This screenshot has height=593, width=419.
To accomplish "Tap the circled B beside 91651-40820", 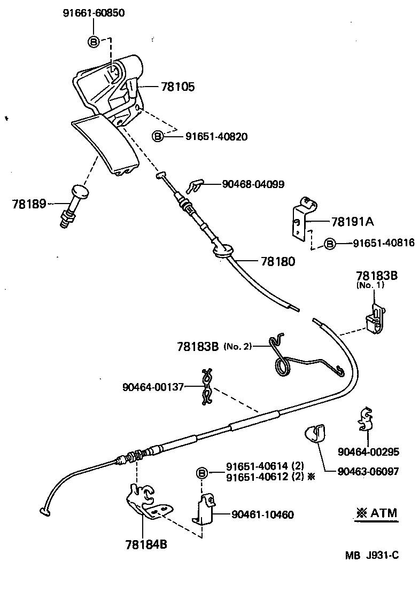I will (x=159, y=137).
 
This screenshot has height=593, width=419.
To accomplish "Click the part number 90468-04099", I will (x=253, y=184).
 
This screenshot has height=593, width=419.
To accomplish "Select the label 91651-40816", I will (x=383, y=243).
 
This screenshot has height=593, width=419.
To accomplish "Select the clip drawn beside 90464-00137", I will (x=207, y=386).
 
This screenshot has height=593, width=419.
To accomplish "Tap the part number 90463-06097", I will (x=368, y=472).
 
